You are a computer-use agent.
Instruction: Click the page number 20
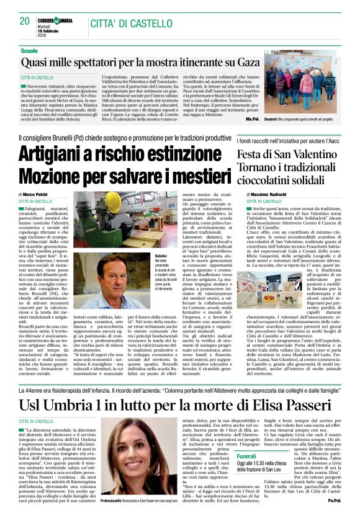(x=25, y=20)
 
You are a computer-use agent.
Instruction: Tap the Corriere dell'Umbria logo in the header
(x=55, y=20)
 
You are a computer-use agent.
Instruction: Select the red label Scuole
(x=29, y=50)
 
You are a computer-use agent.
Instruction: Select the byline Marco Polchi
(x=38, y=195)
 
